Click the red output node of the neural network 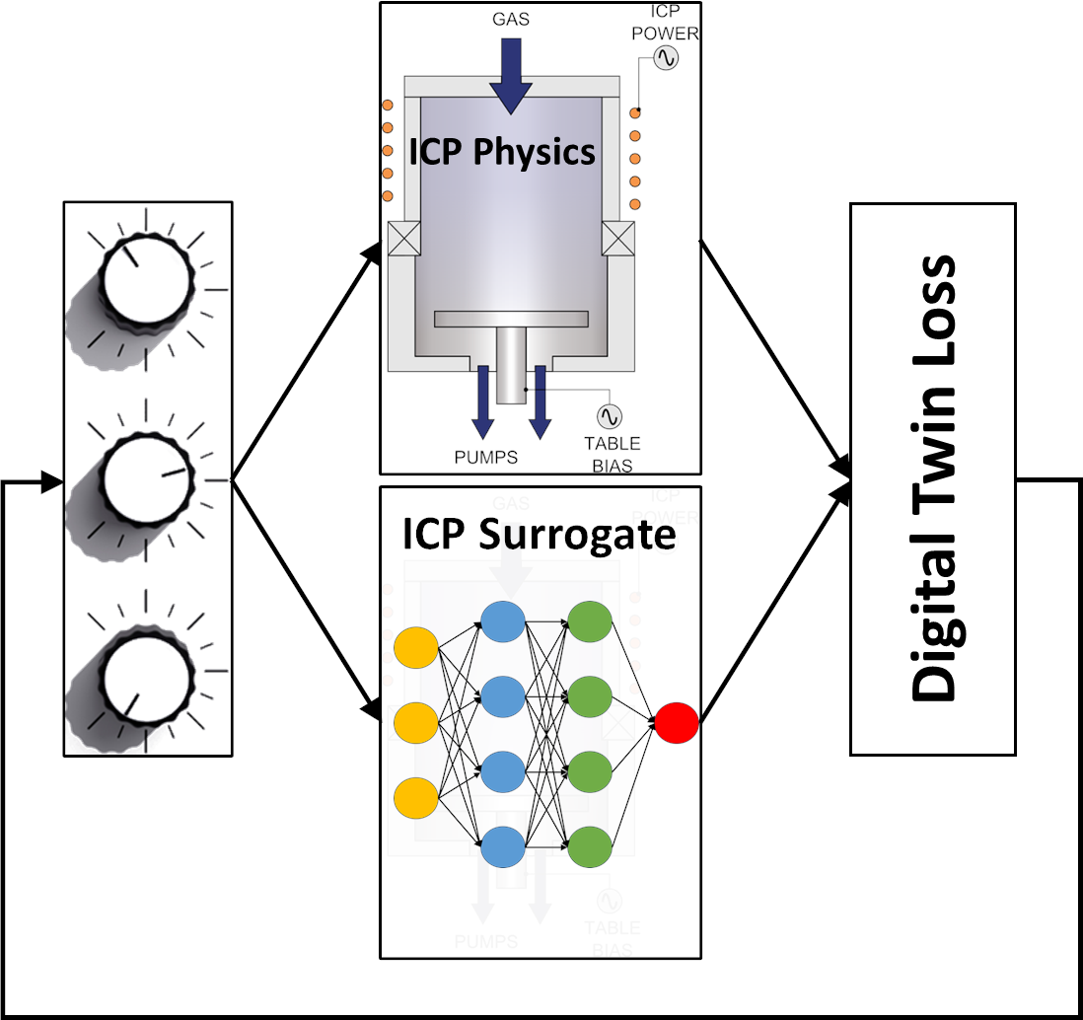click(x=677, y=722)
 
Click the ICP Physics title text click(x=502, y=152)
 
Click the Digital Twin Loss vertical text click(x=933, y=479)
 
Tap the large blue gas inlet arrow click(x=510, y=75)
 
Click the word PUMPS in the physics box click(x=485, y=457)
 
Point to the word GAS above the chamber click(x=510, y=19)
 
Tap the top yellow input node click(x=415, y=648)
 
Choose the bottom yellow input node click(x=415, y=796)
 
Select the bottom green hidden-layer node click(x=589, y=844)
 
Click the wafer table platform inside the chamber click(x=510, y=320)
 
